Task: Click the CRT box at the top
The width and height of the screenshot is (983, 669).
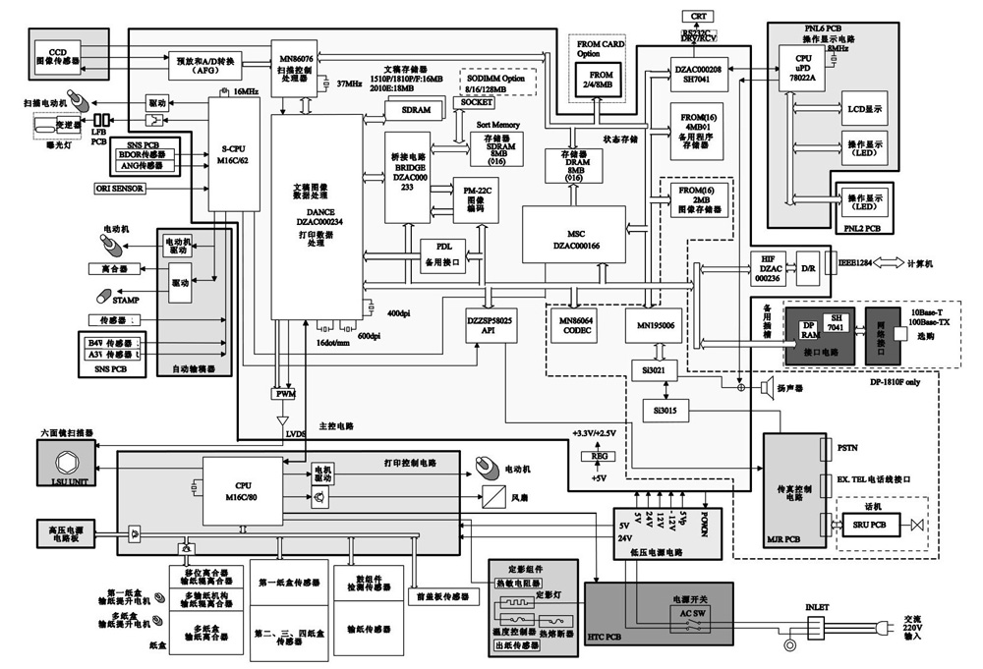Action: point(699,17)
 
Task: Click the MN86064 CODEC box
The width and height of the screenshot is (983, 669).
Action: point(578,325)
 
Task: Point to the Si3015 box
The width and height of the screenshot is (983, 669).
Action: point(665,410)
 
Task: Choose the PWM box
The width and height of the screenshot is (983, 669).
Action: point(284,394)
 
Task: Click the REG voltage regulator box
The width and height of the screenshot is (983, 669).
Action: point(598,456)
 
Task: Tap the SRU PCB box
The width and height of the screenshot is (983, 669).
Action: point(865,526)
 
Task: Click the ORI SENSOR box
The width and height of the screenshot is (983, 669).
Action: point(119,187)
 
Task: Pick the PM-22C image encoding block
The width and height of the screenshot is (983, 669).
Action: point(476,200)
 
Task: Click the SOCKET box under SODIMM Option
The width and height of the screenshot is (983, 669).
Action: point(477,102)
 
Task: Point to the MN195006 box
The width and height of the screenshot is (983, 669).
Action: point(653,325)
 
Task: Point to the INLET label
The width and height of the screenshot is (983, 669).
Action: point(818,606)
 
